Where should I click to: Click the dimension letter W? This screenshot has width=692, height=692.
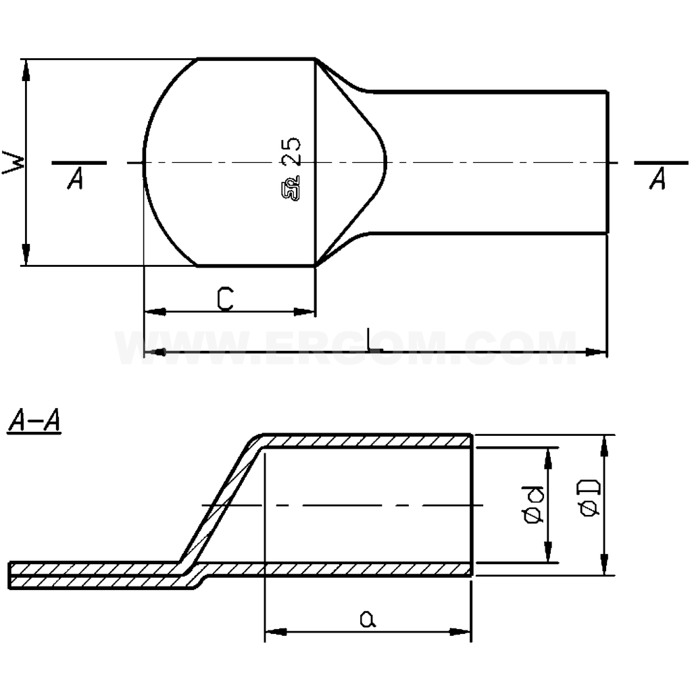pyautogui.click(x=14, y=162)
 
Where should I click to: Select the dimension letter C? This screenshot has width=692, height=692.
pyautogui.click(x=226, y=299)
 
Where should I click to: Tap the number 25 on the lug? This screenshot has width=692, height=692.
pyautogui.click(x=292, y=152)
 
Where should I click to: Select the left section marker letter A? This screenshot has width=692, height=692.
pyautogui.click(x=76, y=179)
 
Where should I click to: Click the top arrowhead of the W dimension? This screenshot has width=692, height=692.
pyautogui.click(x=26, y=68)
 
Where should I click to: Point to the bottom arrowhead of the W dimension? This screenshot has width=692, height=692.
pyautogui.click(x=26, y=257)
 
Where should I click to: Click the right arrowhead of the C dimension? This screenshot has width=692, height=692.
pyautogui.click(x=305, y=312)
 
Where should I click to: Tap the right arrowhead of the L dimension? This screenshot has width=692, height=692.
pyautogui.click(x=597, y=352)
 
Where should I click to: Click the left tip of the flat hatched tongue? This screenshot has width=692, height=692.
pyautogui.click(x=9, y=574)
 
